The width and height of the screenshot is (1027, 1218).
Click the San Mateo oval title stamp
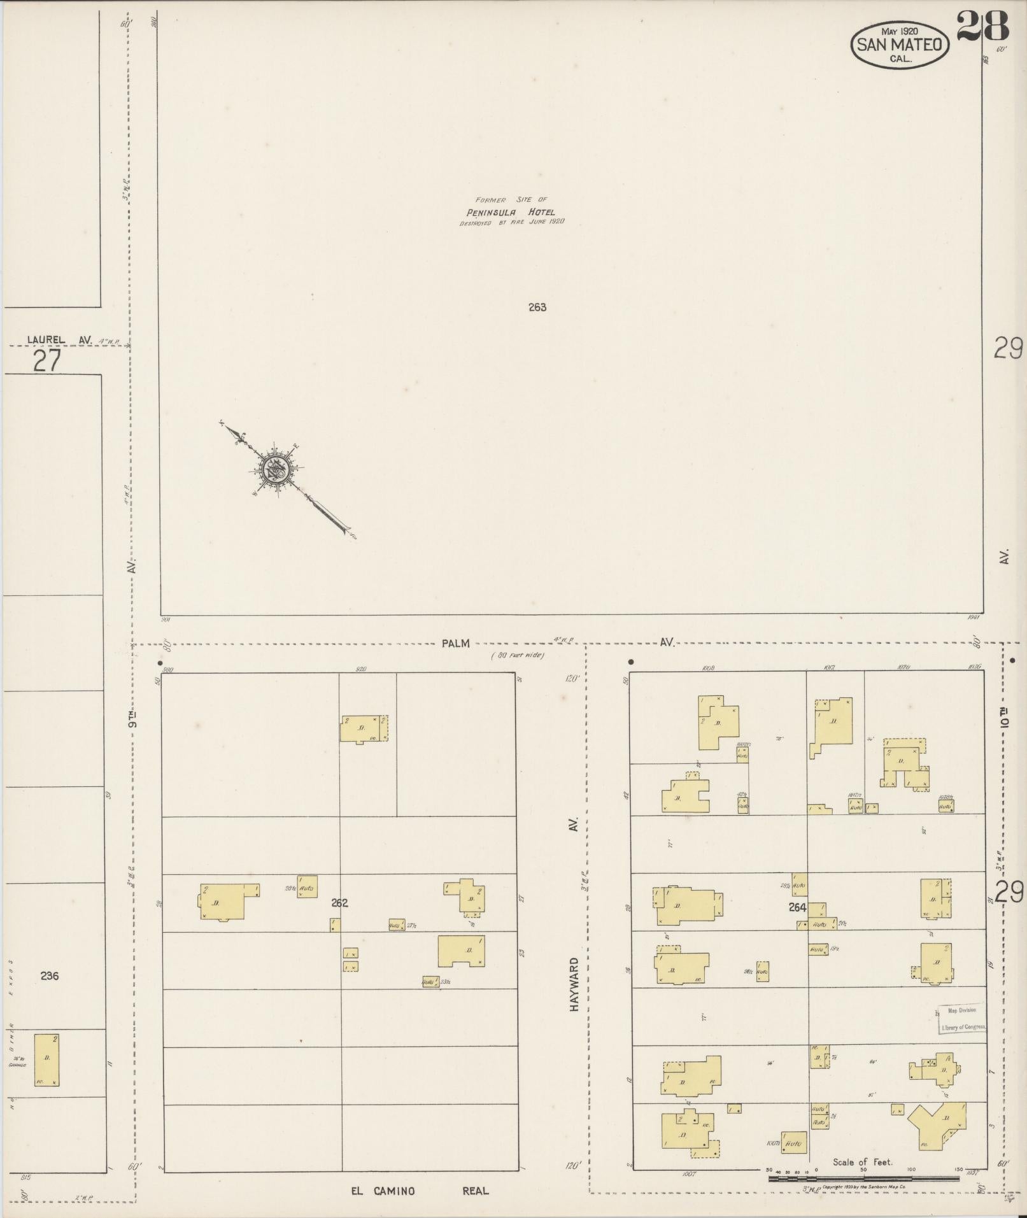[x=900, y=44]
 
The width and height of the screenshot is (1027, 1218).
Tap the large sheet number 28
[x=983, y=26]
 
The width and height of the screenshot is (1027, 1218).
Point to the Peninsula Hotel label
[x=511, y=213]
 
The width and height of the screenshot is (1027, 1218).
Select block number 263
[x=537, y=307]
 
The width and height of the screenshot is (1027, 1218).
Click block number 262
[x=340, y=902]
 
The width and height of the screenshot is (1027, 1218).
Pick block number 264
[x=797, y=907]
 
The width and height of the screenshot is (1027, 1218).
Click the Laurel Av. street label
[x=59, y=340]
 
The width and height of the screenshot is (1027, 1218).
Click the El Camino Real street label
[x=420, y=1191]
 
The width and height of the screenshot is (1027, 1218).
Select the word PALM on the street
[x=455, y=643]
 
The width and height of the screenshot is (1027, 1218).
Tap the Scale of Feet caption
[x=862, y=1162]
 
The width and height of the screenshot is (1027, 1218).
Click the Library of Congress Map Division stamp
[x=962, y=1019]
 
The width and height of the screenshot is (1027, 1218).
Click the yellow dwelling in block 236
[x=46, y=1060]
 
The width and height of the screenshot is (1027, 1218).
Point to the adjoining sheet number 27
[x=47, y=361]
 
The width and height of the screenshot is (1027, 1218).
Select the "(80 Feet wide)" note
[x=517, y=655]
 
